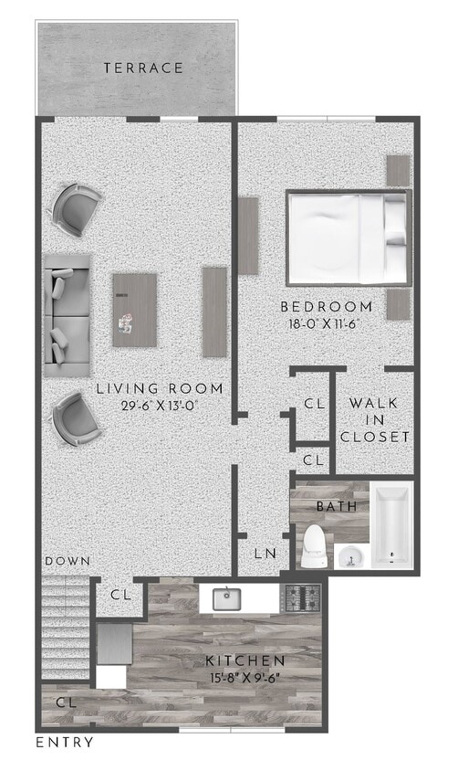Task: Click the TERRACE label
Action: pos(143,68)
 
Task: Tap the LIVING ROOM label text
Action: pos(160,389)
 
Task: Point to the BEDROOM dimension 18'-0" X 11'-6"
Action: pos(326,323)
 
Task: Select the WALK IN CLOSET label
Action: pos(374,419)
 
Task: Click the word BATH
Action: pos(331,505)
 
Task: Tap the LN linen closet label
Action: pos(264,553)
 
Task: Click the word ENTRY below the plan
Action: pos(64,743)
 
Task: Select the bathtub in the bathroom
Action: pos(392,526)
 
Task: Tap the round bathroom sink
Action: pos(349,555)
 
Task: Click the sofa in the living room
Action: pos(68,316)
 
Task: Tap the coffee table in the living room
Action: pos(134,310)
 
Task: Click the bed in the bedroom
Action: pos(347,237)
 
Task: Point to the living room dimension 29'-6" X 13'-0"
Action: pos(160,407)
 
